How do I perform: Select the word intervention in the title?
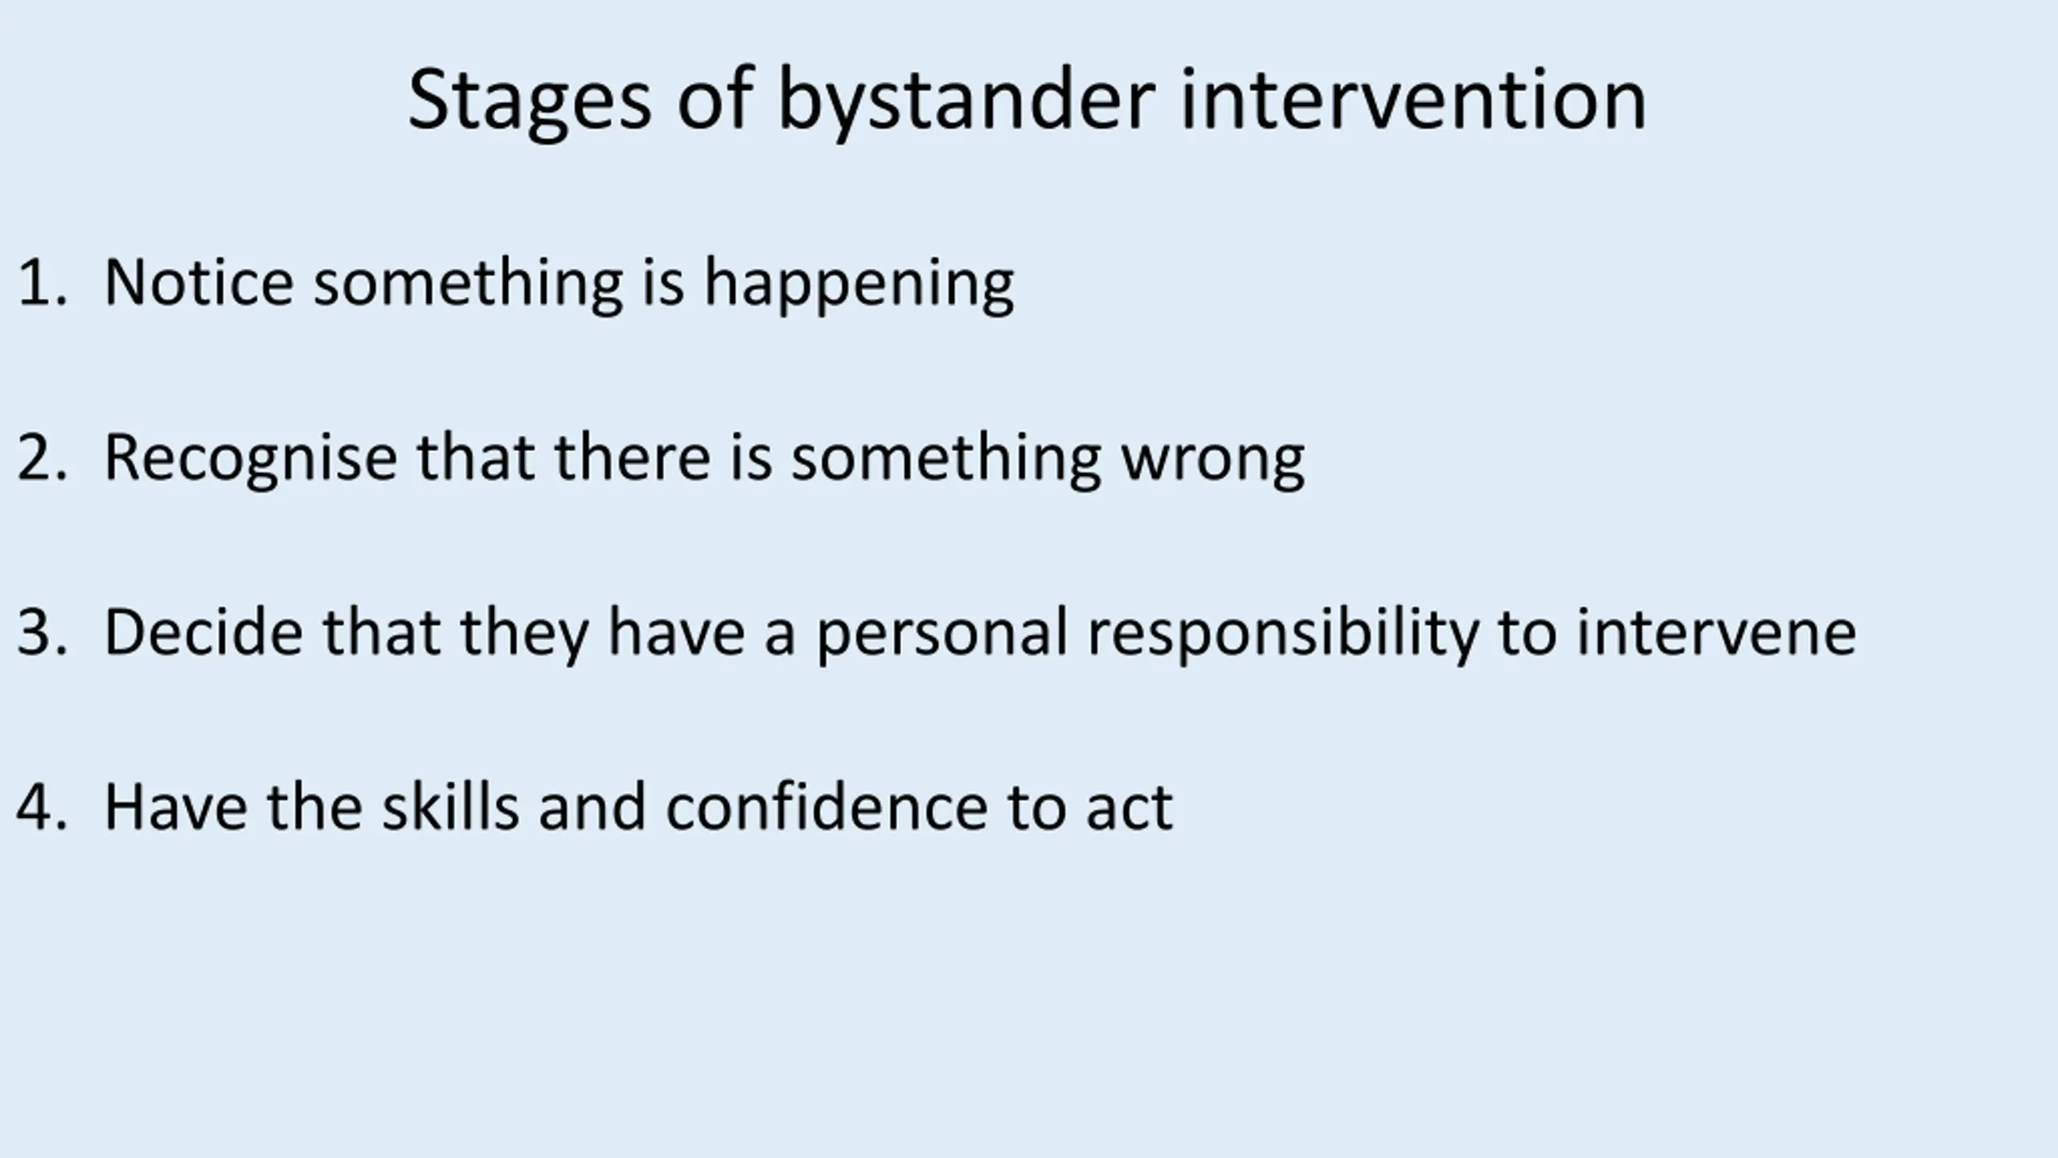(x=1413, y=98)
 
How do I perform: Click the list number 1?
(x=40, y=282)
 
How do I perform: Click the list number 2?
(x=41, y=458)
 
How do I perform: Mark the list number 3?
(x=41, y=633)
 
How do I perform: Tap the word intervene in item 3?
(x=1716, y=632)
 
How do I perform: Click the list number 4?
(x=41, y=807)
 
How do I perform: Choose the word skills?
(x=450, y=806)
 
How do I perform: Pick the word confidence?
(x=826, y=806)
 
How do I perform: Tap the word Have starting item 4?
(x=176, y=807)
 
